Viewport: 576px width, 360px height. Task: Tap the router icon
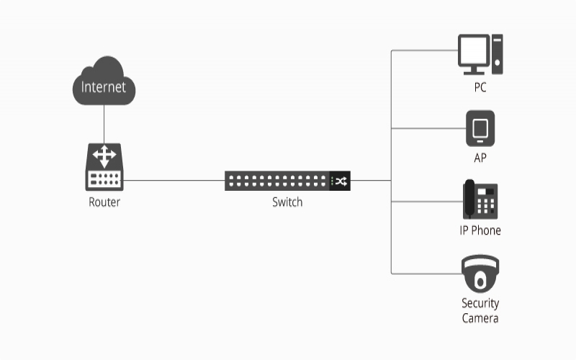tap(104, 167)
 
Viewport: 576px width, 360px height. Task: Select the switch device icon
tap(287, 181)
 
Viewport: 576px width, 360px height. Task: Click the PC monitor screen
tap(474, 52)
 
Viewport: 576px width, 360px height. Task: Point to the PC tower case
tap(498, 55)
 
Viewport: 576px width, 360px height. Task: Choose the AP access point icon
tap(480, 129)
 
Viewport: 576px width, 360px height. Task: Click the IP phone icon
tap(480, 199)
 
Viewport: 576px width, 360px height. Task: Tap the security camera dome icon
tap(480, 274)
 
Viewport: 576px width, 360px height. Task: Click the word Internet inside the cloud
tap(104, 87)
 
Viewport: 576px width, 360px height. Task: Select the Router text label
tap(104, 202)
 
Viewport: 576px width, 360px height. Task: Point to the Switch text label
tap(287, 202)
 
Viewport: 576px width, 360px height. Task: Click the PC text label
tap(480, 87)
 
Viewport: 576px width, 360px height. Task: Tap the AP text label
tap(480, 158)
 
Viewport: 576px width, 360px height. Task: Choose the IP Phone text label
tap(480, 230)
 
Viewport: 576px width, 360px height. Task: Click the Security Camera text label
tap(480, 310)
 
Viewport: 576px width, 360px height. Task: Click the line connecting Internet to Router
tap(104, 124)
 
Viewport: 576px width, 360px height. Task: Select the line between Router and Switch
tap(173, 181)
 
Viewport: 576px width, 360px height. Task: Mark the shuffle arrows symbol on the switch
tap(340, 181)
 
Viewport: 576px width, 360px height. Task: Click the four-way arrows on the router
tap(105, 156)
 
